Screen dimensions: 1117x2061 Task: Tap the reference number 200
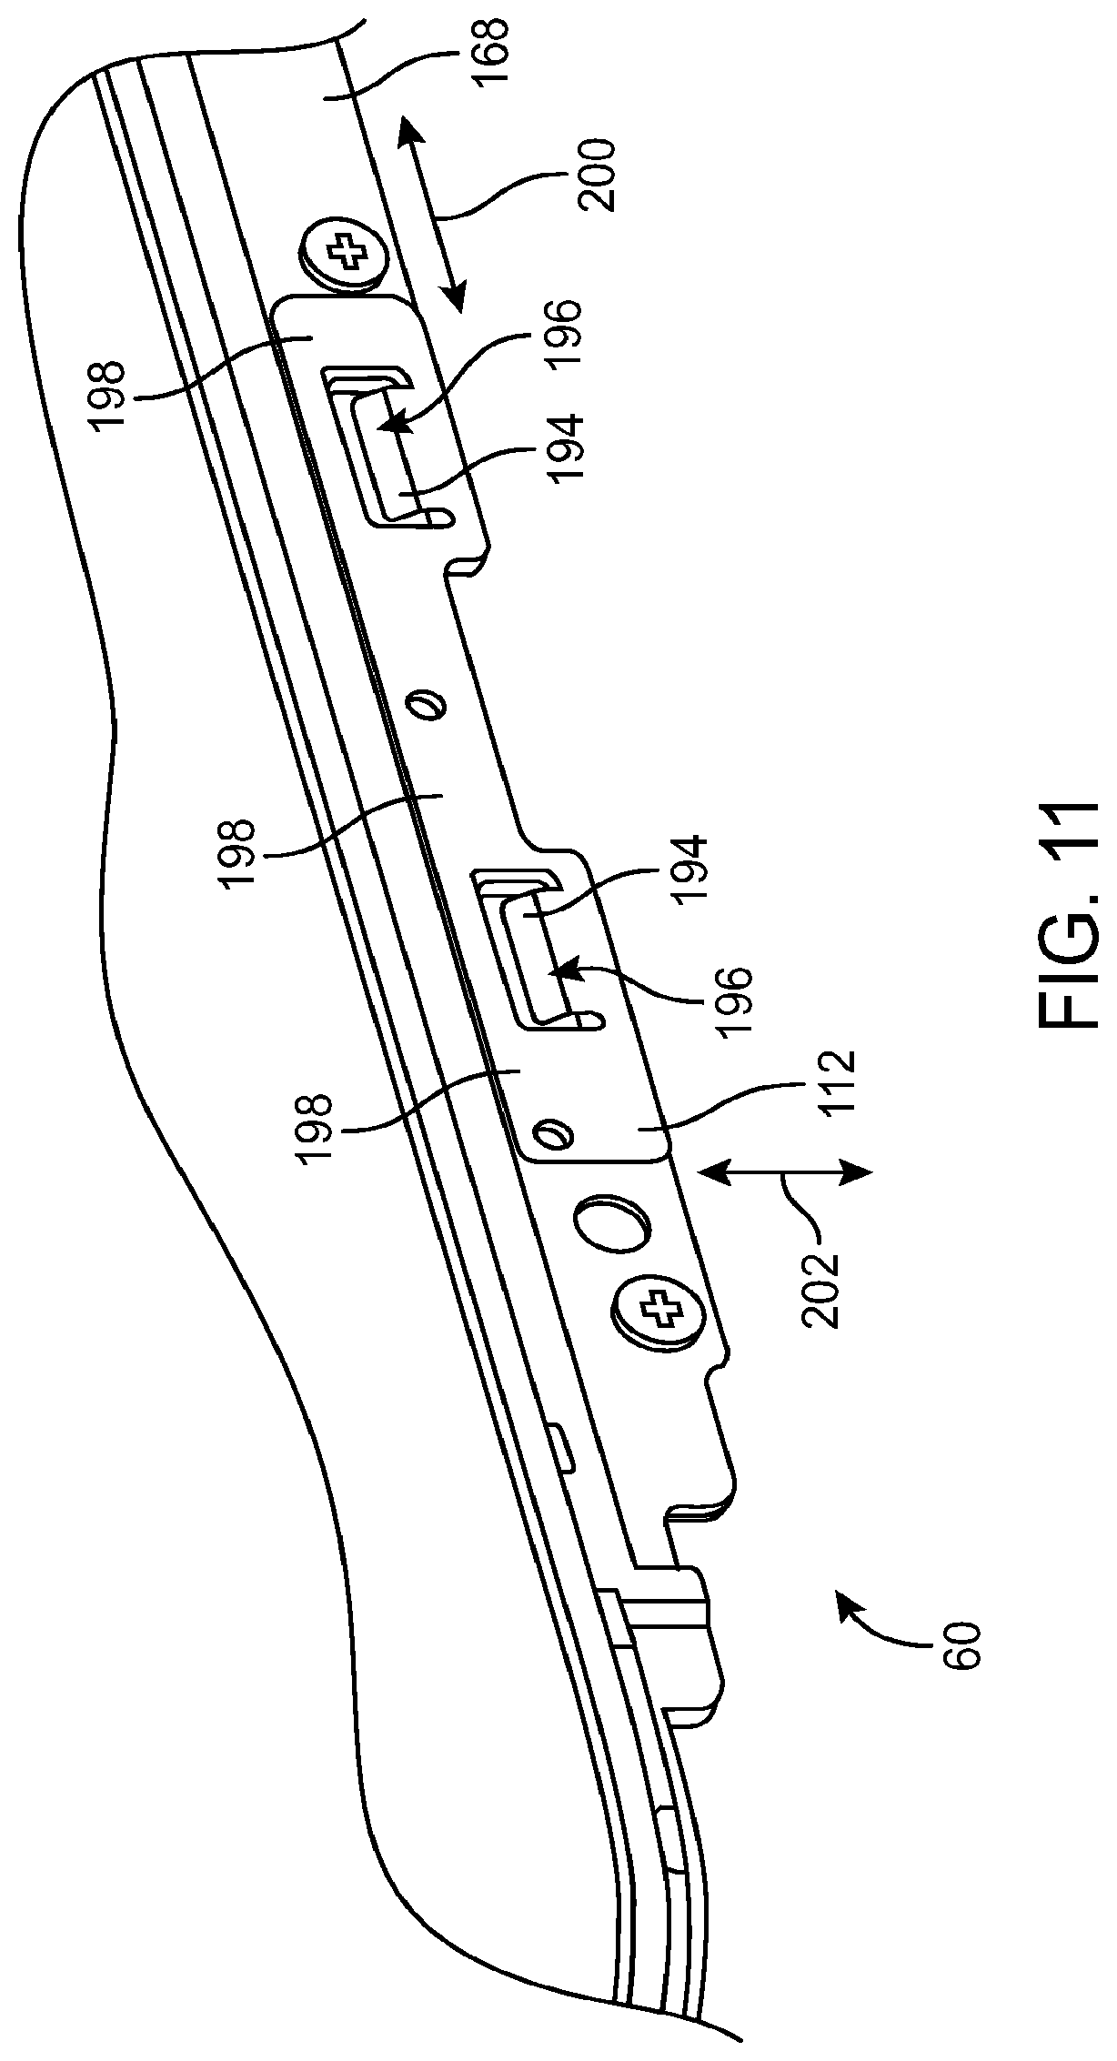click(x=597, y=175)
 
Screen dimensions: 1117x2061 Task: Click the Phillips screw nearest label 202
click(x=659, y=1311)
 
